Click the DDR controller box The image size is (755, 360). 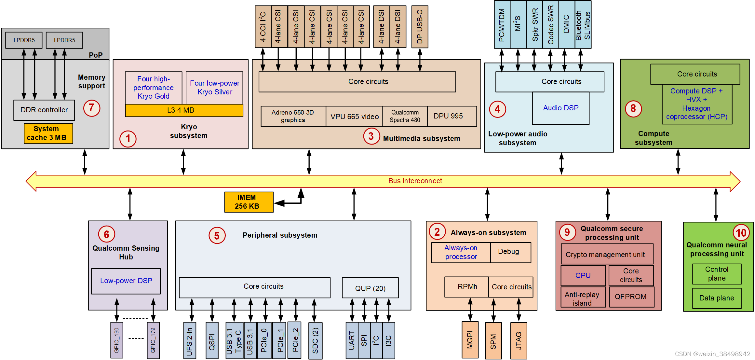(x=44, y=110)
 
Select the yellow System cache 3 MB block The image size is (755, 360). (x=48, y=133)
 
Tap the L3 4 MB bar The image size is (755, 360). (x=184, y=110)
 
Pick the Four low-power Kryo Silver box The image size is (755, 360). (x=214, y=88)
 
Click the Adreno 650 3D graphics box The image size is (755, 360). (x=293, y=116)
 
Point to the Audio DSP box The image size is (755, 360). (x=560, y=108)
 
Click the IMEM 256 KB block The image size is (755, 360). (x=249, y=202)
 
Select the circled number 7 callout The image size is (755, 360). (x=91, y=108)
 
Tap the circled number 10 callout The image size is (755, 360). (x=741, y=233)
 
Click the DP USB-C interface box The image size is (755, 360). (x=420, y=27)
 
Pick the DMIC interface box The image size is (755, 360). (x=566, y=24)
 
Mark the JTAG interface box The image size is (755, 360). (x=519, y=340)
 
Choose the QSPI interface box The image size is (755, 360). (x=212, y=340)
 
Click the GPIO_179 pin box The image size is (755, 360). (x=153, y=340)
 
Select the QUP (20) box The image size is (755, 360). (x=370, y=288)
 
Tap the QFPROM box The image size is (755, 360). (x=631, y=297)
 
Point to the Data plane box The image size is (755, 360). (x=717, y=298)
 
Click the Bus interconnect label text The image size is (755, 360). (x=415, y=181)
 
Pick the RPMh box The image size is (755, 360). (x=467, y=287)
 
